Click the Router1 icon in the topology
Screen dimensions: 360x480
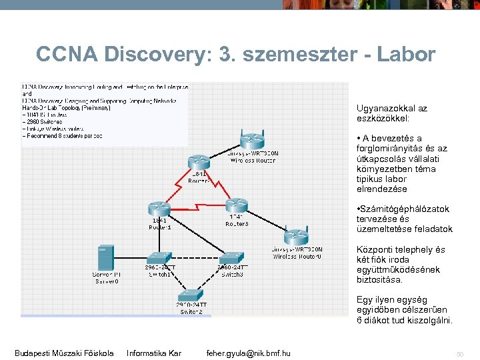pos(159,208)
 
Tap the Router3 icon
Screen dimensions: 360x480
pos(236,205)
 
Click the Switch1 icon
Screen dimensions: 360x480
pos(159,258)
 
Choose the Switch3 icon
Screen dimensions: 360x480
pos(233,258)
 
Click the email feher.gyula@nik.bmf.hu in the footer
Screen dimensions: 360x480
pos(248,353)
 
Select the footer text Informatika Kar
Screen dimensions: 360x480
pos(153,353)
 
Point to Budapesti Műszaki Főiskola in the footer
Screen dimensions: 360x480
pos(64,353)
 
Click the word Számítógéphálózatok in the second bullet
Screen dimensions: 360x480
pos(404,209)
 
